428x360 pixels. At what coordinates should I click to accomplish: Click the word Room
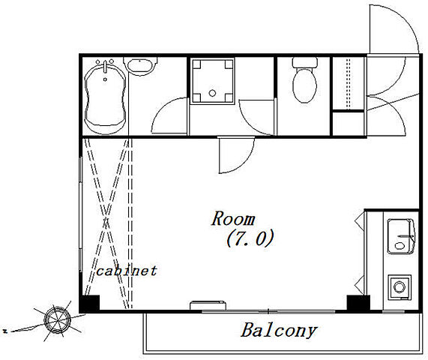click(233, 219)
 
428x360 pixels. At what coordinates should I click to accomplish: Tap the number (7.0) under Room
click(250, 238)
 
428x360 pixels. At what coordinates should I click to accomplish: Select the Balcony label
click(279, 331)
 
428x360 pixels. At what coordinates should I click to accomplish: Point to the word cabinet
click(127, 271)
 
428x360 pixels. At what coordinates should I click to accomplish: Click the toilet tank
click(304, 62)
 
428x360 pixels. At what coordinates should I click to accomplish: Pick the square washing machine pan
click(212, 81)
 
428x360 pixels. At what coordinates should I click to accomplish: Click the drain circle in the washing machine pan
click(212, 93)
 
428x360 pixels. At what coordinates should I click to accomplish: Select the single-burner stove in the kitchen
click(400, 287)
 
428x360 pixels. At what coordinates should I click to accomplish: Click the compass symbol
click(58, 320)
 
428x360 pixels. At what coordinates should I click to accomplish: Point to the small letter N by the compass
click(5, 331)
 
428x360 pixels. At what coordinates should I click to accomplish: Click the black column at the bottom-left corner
click(89, 304)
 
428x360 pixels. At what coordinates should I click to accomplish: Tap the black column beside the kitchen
click(358, 303)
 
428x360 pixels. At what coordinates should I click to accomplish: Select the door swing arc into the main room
click(246, 163)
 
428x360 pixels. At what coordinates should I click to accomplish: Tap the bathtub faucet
click(105, 67)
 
